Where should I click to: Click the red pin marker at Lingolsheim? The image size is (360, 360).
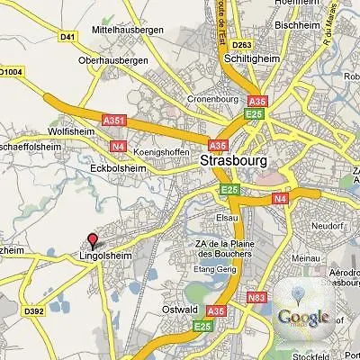pos(92,240)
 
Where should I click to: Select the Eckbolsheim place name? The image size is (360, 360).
pos(117,166)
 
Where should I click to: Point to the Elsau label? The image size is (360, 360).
pos(226,218)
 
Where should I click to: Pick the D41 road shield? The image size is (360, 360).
pos(67,37)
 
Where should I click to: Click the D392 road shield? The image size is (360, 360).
pos(35,312)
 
